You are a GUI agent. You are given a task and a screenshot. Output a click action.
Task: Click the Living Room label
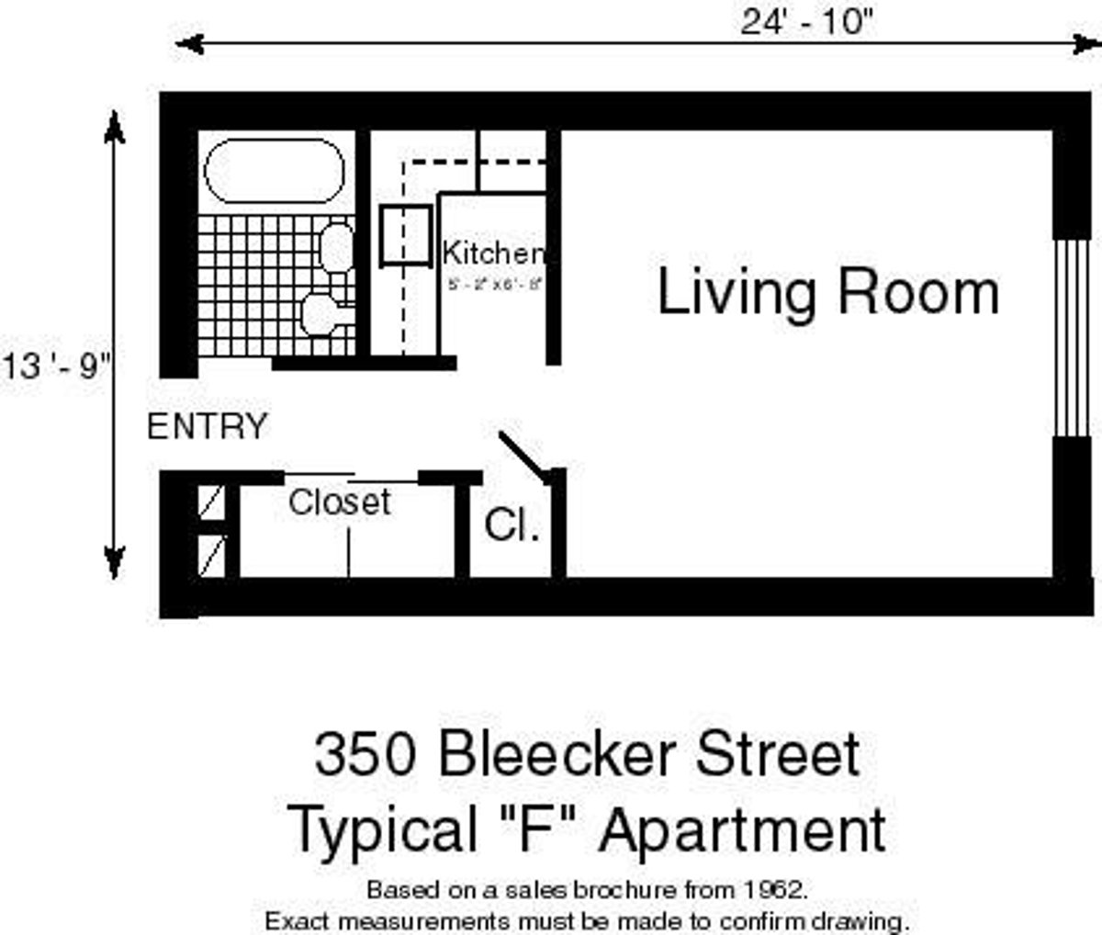[x=828, y=293]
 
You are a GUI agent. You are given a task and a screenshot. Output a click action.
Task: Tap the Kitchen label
[x=493, y=253]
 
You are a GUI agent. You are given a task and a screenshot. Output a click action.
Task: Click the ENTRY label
[x=208, y=427]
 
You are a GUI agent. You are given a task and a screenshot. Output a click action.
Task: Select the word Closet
[x=340, y=501]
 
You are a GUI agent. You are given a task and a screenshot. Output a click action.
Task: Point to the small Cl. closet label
[x=512, y=526]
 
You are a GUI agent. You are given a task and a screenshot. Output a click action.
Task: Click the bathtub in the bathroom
[x=274, y=171]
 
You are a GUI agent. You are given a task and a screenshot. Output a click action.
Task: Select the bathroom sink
[x=337, y=247]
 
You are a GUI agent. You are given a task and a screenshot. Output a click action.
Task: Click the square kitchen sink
[x=405, y=236]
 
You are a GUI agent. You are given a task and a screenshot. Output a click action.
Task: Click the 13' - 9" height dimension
[x=57, y=366]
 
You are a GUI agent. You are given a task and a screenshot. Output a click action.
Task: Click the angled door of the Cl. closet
[x=524, y=456]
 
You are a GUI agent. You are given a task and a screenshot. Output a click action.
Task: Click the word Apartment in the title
[x=744, y=829]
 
